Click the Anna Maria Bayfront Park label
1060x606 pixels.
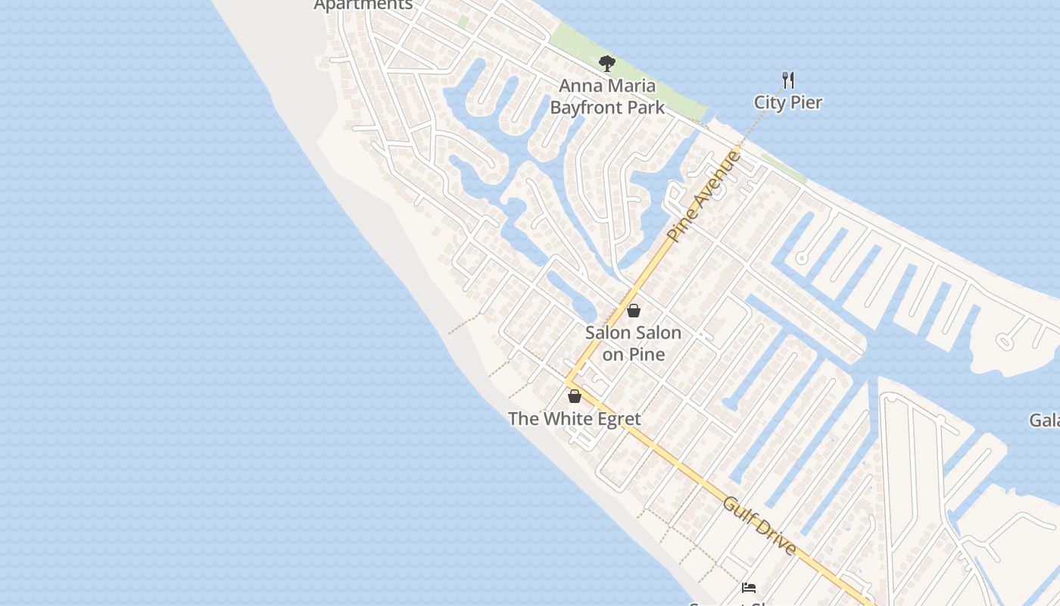607,96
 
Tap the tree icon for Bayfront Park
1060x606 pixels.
606,64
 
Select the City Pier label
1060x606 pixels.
787,102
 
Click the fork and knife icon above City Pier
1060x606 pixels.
788,79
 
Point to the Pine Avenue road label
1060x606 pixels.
703,196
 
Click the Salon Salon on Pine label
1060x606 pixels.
633,343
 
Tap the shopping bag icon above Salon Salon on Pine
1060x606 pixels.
634,311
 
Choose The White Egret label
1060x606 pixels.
574,419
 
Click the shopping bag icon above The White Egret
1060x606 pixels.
575,396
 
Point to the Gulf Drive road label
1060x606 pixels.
759,525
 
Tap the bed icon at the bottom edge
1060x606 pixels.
749,587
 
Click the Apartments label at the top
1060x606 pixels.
363,5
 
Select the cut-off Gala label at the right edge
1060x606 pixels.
1045,420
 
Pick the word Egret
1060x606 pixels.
615,419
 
